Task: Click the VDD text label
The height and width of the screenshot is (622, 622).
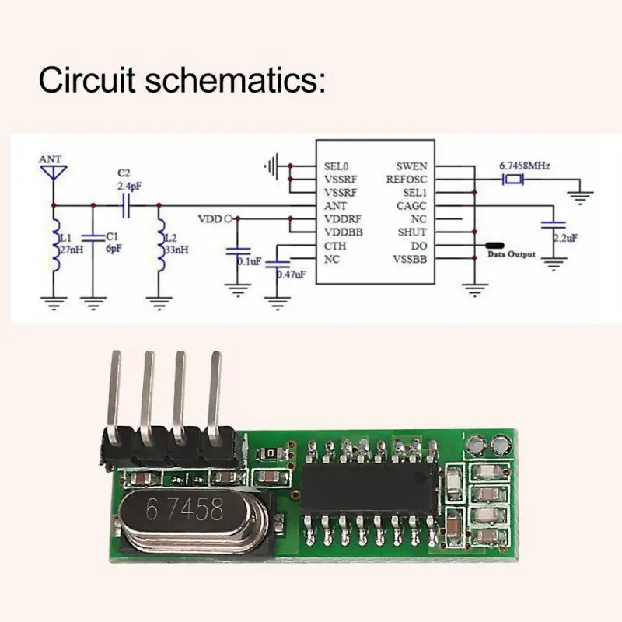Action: (210, 218)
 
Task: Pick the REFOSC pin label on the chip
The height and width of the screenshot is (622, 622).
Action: (407, 179)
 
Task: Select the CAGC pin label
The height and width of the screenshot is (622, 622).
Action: (411, 206)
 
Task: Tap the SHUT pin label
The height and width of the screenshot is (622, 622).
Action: (412, 232)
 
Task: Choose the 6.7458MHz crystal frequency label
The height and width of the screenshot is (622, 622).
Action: (526, 166)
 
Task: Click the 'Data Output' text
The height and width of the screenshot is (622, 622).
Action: (511, 253)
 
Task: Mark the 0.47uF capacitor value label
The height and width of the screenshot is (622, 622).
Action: (291, 274)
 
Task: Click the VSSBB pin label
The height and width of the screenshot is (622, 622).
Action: (409, 259)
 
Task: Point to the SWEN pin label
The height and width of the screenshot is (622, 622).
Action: (411, 166)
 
